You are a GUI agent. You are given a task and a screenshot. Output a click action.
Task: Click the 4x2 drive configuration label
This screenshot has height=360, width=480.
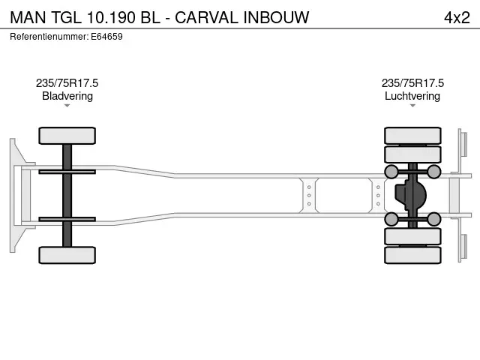pos(457,16)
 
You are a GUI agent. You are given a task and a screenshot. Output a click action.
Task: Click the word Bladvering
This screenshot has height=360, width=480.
pos(67,96)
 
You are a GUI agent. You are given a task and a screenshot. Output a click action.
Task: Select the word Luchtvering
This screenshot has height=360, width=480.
pos(412,96)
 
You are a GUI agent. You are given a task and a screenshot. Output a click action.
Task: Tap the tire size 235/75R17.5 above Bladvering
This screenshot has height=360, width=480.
pos(67,83)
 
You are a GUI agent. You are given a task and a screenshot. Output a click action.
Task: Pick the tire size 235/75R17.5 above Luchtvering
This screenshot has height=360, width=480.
pos(412,83)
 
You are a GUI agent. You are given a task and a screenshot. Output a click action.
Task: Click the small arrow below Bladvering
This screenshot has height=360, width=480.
pos(67,106)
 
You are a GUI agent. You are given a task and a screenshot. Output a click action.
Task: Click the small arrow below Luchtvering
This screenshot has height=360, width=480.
pos(412,106)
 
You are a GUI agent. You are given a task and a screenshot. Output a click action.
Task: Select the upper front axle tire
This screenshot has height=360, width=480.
pos(67,136)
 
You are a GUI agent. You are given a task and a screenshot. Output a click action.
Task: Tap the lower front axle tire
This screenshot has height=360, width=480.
pos(67,255)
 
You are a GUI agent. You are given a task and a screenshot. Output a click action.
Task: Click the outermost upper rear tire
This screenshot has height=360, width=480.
pos(412,136)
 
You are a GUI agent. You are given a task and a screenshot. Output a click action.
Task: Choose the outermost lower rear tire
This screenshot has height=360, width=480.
pos(412,255)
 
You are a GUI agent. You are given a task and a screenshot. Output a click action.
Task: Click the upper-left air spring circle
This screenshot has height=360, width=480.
pos(391,172)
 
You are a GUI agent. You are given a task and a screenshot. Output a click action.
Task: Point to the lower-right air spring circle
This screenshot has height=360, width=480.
pos(434,219)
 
